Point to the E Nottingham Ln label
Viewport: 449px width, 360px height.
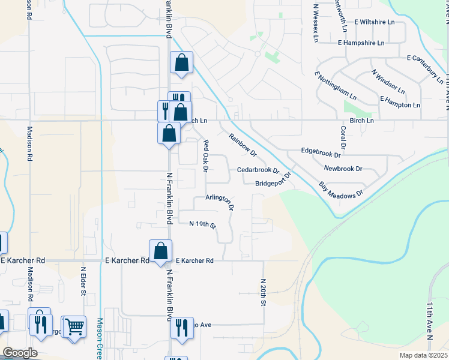(335, 85)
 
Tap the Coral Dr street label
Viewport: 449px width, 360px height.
(343, 137)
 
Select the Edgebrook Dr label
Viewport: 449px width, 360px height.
(324, 151)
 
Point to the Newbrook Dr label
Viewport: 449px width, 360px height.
(343, 169)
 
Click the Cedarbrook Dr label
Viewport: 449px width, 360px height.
(258, 170)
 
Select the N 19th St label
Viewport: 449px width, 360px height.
(202, 224)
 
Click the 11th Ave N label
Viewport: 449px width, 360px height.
(430, 322)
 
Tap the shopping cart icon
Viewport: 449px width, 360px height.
(74, 327)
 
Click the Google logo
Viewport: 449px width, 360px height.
(20, 353)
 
